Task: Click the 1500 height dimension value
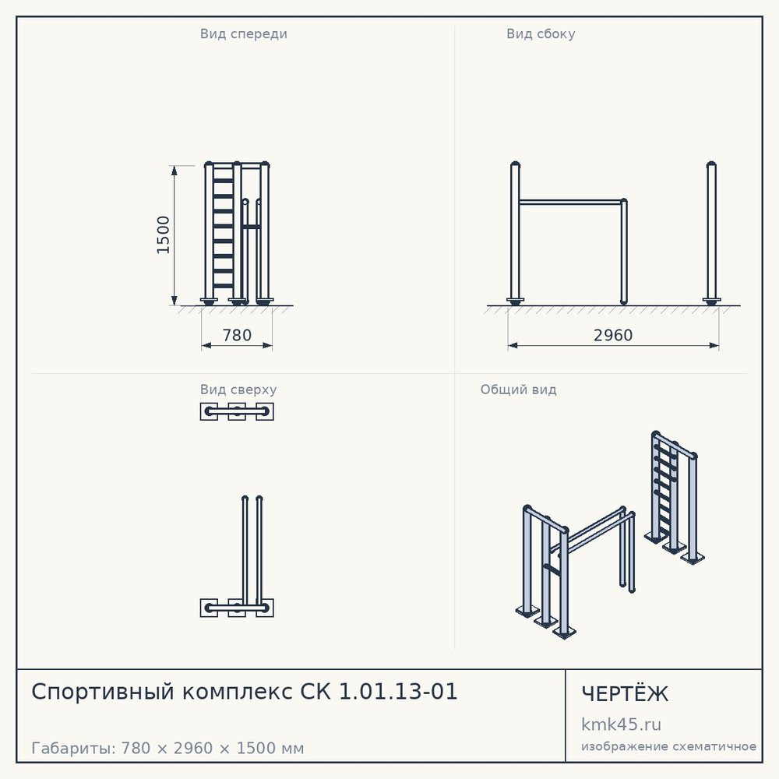[x=163, y=235]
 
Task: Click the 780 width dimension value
[x=237, y=335]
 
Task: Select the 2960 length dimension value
[x=613, y=335]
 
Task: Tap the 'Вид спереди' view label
[x=243, y=33]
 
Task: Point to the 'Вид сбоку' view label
[x=541, y=33]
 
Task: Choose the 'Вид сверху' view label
[x=238, y=389]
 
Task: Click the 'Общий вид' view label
[x=518, y=389]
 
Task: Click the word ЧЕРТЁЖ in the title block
[x=625, y=694]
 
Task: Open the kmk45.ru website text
[x=621, y=724]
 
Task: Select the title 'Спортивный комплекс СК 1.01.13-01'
[x=244, y=692]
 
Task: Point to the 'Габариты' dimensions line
[x=167, y=748]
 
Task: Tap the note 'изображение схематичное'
[x=668, y=746]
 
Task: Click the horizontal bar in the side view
[x=571, y=203]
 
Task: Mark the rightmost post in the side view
[x=711, y=233]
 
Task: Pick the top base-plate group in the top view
[x=237, y=411]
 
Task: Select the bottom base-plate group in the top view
[x=237, y=608]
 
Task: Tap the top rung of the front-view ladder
[x=223, y=167]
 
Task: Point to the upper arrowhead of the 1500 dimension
[x=174, y=171]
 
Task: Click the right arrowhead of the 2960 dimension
[x=714, y=345]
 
